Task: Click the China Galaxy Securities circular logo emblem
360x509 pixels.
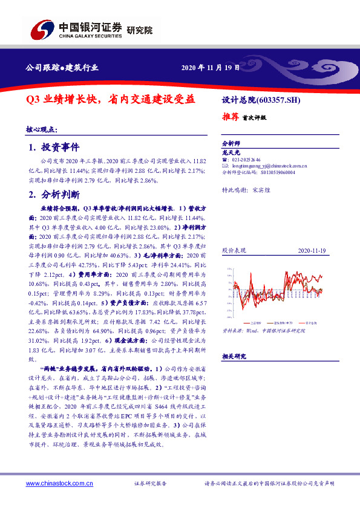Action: click(x=42, y=30)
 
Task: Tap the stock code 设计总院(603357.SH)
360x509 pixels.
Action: click(x=258, y=100)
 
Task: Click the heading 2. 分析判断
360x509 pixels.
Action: click(x=54, y=195)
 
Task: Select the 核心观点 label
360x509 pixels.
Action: click(x=41, y=129)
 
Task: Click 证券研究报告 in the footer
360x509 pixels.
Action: click(x=150, y=484)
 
